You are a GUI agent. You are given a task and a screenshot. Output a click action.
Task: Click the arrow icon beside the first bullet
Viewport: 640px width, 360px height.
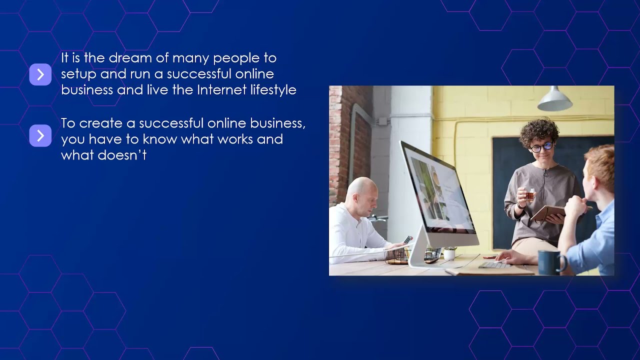pos(40,74)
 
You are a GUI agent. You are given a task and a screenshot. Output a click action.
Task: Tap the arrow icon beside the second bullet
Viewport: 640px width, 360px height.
pos(40,135)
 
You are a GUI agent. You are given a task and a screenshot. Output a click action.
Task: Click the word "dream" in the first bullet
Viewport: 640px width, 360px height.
pos(130,58)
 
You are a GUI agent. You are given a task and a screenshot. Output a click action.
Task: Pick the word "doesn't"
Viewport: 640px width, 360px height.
pos(122,155)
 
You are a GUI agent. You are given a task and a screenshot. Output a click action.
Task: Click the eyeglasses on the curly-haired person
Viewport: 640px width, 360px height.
pos(541,147)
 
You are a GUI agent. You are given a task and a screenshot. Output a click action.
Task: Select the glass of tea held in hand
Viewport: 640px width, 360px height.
pos(529,195)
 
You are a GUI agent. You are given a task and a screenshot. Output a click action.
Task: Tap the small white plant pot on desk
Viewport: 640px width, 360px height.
pos(449,254)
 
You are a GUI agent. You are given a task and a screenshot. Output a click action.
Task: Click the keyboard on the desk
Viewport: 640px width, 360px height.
pos(494,265)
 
